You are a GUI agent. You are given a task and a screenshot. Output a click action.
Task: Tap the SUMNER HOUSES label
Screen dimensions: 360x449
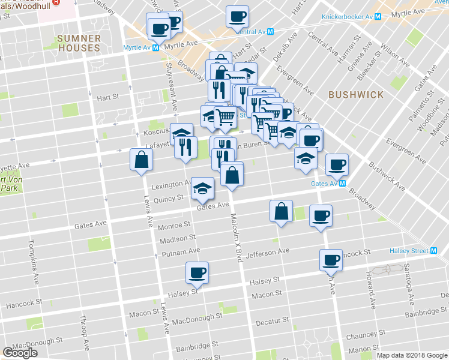(79, 43)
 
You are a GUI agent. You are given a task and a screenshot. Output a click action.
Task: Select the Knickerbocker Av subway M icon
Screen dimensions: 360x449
(378, 17)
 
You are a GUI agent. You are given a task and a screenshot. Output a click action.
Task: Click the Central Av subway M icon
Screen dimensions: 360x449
(271, 32)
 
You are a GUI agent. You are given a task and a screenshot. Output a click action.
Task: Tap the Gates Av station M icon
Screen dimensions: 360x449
(342, 184)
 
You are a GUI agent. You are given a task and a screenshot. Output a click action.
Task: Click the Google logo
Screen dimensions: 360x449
(20, 353)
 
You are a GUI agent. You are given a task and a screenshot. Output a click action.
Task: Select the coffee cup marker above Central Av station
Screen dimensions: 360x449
(237, 16)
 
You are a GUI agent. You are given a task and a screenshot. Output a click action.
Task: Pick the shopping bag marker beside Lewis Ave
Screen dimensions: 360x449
(141, 160)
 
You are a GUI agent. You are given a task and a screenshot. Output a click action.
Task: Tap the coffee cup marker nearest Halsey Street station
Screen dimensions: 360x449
(331, 260)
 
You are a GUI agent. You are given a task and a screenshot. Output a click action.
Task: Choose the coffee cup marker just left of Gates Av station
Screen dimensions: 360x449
(336, 164)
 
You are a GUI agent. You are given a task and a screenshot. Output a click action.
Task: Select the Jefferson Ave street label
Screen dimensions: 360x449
(267, 252)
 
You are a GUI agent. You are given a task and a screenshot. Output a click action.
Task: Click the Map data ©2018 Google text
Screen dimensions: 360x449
(411, 355)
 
